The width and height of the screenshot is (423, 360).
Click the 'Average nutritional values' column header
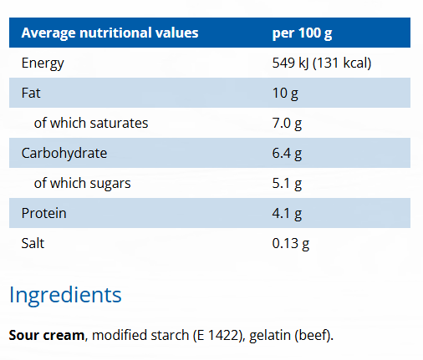click(x=110, y=33)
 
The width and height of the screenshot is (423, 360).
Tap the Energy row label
click(x=43, y=63)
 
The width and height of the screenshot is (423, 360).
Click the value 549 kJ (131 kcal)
click(x=322, y=63)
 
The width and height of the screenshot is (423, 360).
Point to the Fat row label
click(x=31, y=93)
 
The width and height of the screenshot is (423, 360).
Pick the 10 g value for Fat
click(x=285, y=93)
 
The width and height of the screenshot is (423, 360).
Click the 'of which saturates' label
click(x=90, y=123)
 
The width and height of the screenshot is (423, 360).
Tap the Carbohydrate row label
click(x=64, y=153)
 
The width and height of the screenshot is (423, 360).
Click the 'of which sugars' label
click(x=82, y=183)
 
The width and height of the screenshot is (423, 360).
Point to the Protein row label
click(x=43, y=213)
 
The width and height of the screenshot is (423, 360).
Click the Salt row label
click(x=33, y=243)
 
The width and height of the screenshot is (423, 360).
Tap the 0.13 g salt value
click(x=292, y=243)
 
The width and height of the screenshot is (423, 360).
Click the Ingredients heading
click(x=65, y=294)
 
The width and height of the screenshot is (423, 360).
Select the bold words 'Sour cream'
click(x=47, y=336)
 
